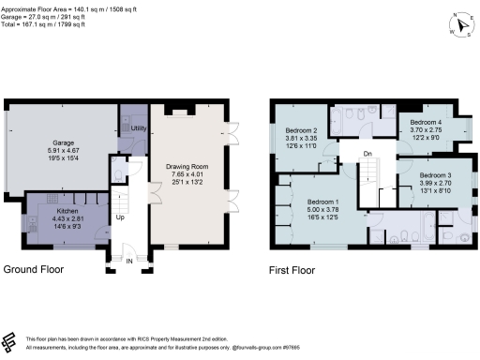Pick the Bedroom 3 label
[x=436, y=176]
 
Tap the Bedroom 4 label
[x=426, y=123]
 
